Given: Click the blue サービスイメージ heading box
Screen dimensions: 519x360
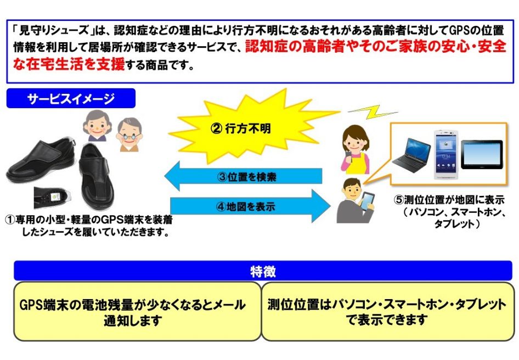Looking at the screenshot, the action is click(x=71, y=98).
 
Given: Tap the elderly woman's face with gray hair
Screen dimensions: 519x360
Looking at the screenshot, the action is click(x=97, y=125).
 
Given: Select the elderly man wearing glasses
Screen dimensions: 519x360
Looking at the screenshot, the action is click(x=129, y=134).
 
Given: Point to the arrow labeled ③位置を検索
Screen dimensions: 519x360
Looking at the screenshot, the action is click(x=243, y=176).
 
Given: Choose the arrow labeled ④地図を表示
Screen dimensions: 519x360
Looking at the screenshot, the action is click(x=250, y=206).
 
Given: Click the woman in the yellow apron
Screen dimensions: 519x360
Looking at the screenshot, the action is click(x=355, y=149).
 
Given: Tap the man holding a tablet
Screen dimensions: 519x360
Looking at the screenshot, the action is click(x=355, y=201).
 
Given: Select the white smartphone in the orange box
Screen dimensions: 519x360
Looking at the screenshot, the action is click(x=446, y=155).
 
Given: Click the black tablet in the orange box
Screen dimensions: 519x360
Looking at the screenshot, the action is click(x=482, y=154).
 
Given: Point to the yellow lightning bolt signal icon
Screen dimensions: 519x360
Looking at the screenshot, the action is click(x=373, y=111).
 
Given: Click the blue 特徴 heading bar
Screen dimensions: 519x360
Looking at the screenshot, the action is click(x=263, y=271).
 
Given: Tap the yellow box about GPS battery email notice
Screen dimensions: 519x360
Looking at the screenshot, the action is click(x=137, y=311).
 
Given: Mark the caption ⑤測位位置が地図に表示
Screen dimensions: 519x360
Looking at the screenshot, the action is click(x=449, y=200).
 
